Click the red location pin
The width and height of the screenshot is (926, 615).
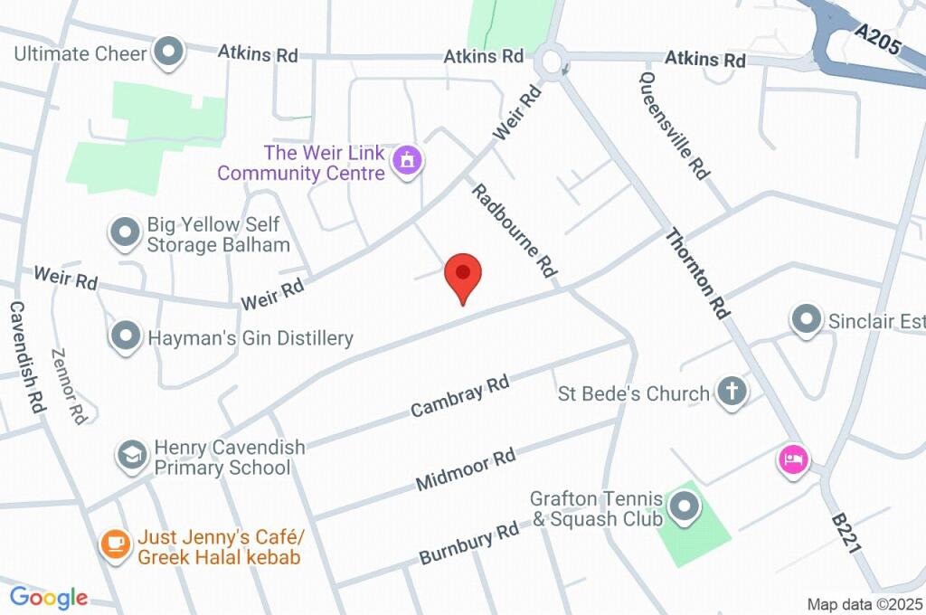[x=463, y=275]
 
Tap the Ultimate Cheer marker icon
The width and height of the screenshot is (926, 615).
[x=168, y=52]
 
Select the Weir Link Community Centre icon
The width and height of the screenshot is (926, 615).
[x=408, y=161]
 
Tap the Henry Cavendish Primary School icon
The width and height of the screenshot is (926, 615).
[x=133, y=455]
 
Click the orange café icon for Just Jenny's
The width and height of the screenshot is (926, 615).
[x=115, y=544]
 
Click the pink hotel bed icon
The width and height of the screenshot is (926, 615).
[x=793, y=459]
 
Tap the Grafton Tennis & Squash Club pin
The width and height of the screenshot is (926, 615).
[x=685, y=507]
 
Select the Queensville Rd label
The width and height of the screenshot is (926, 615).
[x=674, y=126]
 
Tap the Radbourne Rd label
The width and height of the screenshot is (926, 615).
[x=513, y=230]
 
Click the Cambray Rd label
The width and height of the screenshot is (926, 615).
[x=459, y=396]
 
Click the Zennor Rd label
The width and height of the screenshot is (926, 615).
[x=68, y=386]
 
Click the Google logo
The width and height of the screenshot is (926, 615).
[x=49, y=597]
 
